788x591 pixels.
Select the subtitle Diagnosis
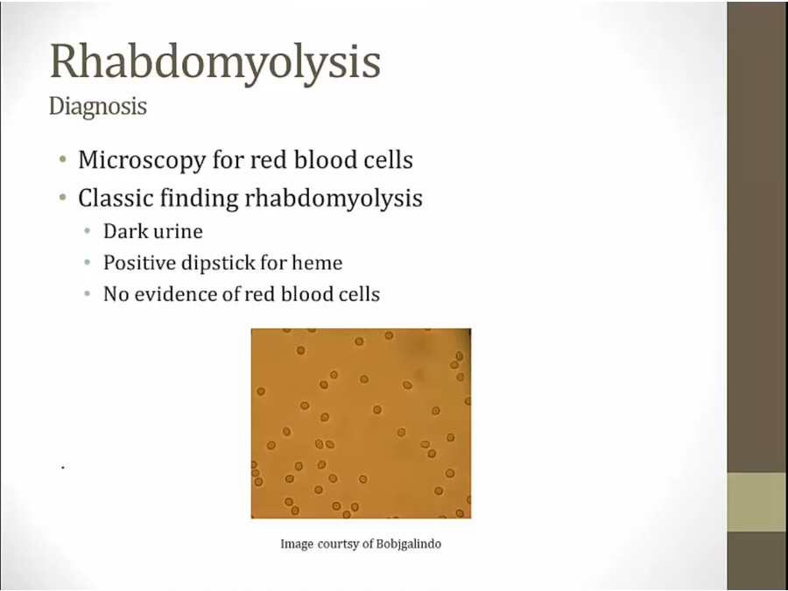(x=98, y=107)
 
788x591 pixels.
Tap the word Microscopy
(x=142, y=160)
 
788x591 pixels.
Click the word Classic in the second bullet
(x=116, y=198)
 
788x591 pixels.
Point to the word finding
(x=199, y=198)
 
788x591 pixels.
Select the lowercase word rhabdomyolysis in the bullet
(x=334, y=198)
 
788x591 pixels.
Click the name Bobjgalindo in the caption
(x=409, y=545)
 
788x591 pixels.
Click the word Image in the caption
(x=297, y=545)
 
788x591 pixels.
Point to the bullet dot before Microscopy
(x=63, y=160)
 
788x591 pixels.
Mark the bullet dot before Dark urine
(x=88, y=232)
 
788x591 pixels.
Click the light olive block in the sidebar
(x=757, y=502)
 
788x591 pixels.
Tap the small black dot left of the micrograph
(x=63, y=468)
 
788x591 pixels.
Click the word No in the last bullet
(x=115, y=294)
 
